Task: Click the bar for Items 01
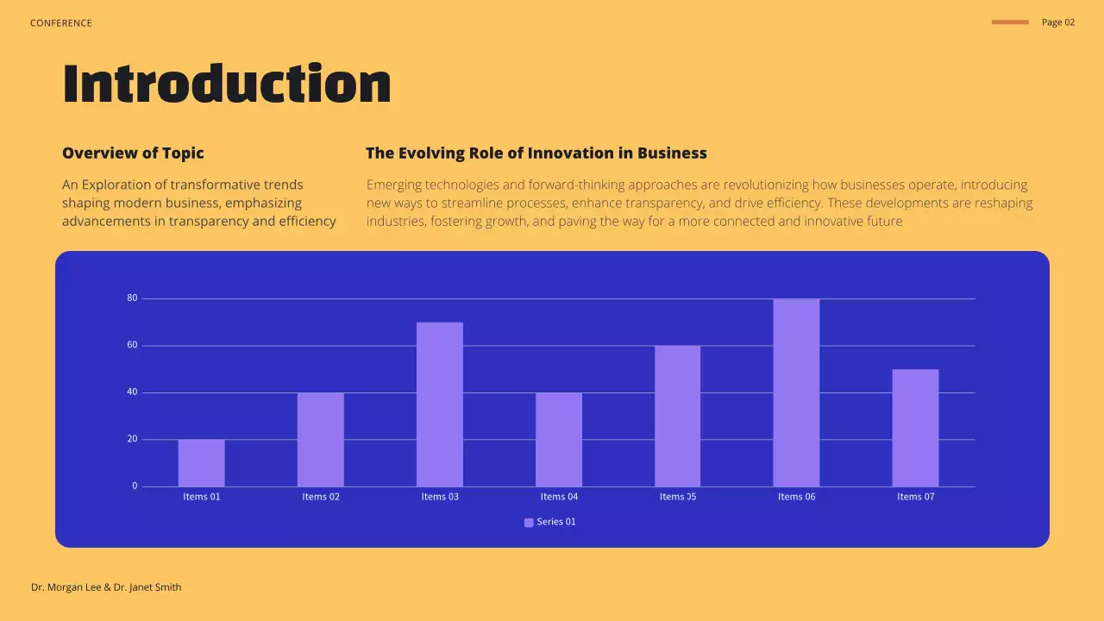pyautogui.click(x=201, y=463)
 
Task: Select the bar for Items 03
pyautogui.click(x=440, y=405)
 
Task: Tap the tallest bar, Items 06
pyautogui.click(x=796, y=392)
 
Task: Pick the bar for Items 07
pyautogui.click(x=915, y=428)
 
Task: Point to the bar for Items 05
pyautogui.click(x=677, y=416)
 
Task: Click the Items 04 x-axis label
pyautogui.click(x=559, y=497)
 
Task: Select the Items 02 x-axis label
pyautogui.click(x=321, y=497)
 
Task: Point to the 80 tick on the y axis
pyautogui.click(x=132, y=298)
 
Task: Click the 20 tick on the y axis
pyautogui.click(x=132, y=439)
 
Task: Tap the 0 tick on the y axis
pyautogui.click(x=135, y=486)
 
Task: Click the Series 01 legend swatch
pyautogui.click(x=529, y=523)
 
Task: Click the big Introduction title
pyautogui.click(x=227, y=85)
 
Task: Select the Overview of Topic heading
pyautogui.click(x=133, y=154)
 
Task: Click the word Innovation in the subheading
pyautogui.click(x=570, y=154)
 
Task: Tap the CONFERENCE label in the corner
pyautogui.click(x=60, y=23)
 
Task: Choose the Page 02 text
pyautogui.click(x=1058, y=22)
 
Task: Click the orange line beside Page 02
pyautogui.click(x=1010, y=22)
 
